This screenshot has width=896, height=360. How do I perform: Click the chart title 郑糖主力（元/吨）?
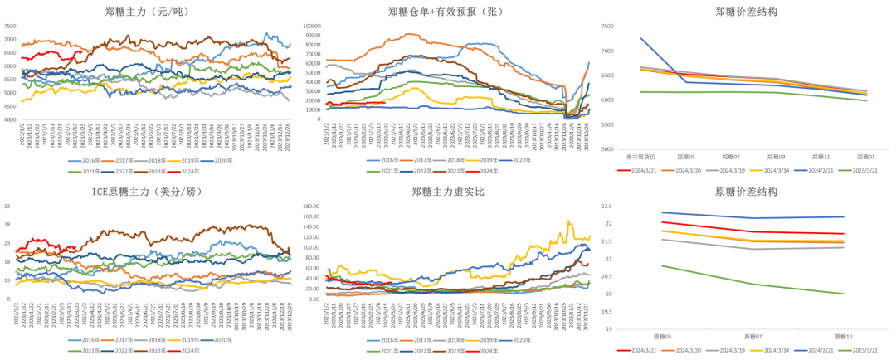tap(149, 12)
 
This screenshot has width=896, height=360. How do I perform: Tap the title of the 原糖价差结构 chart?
tap(746, 192)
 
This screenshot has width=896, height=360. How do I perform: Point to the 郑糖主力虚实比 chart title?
tap(446, 192)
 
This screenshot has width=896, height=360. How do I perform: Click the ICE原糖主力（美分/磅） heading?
tap(149, 192)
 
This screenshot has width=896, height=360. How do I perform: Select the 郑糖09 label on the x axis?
tap(777, 156)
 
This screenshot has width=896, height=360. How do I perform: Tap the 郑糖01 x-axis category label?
tap(865, 156)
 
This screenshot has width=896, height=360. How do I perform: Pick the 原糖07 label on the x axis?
tap(753, 337)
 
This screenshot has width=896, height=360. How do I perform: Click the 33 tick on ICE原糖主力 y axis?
tap(7, 207)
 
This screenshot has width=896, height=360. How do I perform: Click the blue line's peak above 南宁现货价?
tap(640, 38)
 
